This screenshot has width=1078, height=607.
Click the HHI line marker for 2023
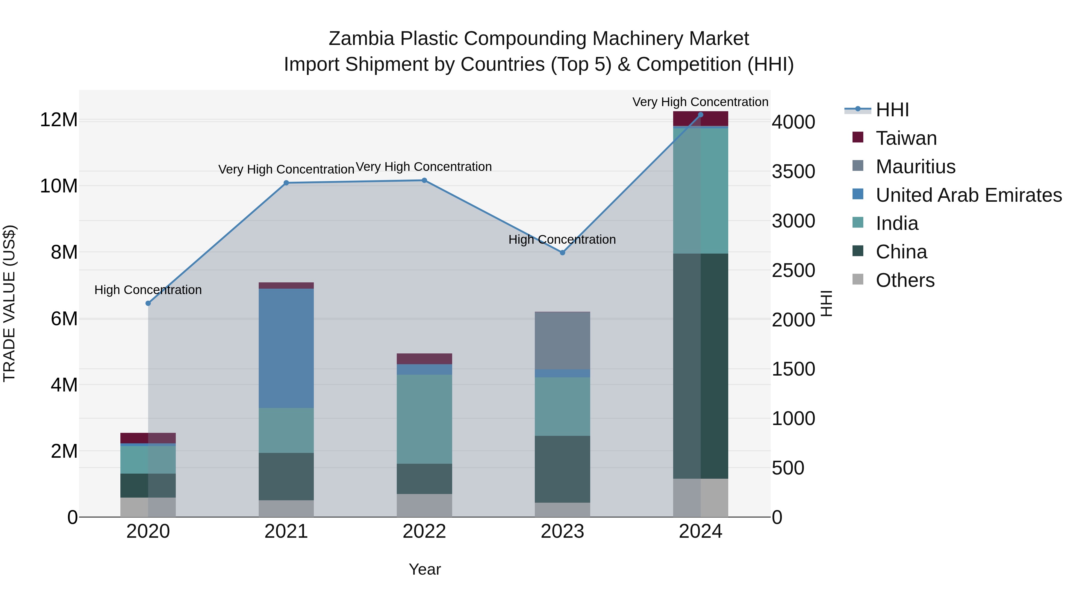coord(562,253)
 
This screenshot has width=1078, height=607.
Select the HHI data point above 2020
coord(148,303)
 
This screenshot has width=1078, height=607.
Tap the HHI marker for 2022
coord(424,180)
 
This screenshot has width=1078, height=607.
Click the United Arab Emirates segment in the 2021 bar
coord(286,348)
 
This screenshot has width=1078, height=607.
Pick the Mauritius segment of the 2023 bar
coord(562,341)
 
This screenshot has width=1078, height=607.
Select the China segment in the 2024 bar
coord(700,366)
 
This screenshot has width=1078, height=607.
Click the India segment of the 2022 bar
coord(424,419)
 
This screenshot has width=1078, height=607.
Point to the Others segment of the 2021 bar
coord(286,509)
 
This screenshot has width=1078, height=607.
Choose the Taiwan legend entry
coord(906,138)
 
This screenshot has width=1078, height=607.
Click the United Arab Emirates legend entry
coord(968,195)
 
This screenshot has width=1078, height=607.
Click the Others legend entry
coord(905,280)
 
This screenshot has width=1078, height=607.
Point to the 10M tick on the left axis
coord(59,186)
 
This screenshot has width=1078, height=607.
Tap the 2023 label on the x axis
coord(562,531)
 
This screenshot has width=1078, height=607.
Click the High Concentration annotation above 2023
coord(562,240)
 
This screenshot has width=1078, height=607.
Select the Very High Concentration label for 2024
coord(700,102)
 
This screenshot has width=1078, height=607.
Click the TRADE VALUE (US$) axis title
coord(9,303)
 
